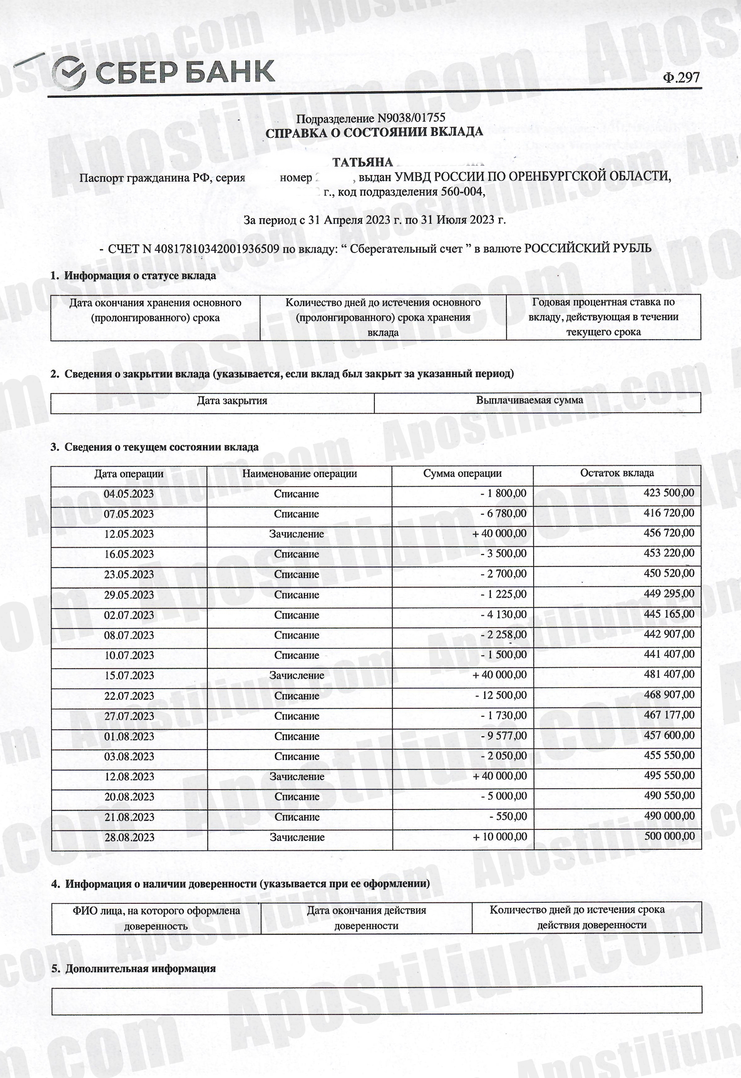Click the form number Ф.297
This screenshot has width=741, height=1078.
tap(681, 77)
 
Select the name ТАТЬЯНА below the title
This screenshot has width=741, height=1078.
tap(363, 162)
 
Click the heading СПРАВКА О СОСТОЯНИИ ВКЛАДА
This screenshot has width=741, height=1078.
tap(374, 132)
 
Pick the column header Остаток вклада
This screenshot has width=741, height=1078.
tap(617, 473)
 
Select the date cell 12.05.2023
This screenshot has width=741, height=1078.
tap(128, 534)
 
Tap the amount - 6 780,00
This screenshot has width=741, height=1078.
tap(503, 513)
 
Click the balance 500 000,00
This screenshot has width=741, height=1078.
tap(670, 836)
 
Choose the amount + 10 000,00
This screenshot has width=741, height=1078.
tap(499, 836)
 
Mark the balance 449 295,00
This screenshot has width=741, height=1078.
tap(670, 594)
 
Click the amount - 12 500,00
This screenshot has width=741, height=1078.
tap(501, 695)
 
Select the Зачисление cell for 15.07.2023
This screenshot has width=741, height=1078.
tap(297, 676)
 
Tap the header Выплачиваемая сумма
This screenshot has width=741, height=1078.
tap(529, 400)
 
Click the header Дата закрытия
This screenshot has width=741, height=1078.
tap(232, 401)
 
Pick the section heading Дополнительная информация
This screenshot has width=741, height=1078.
tap(140, 968)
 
